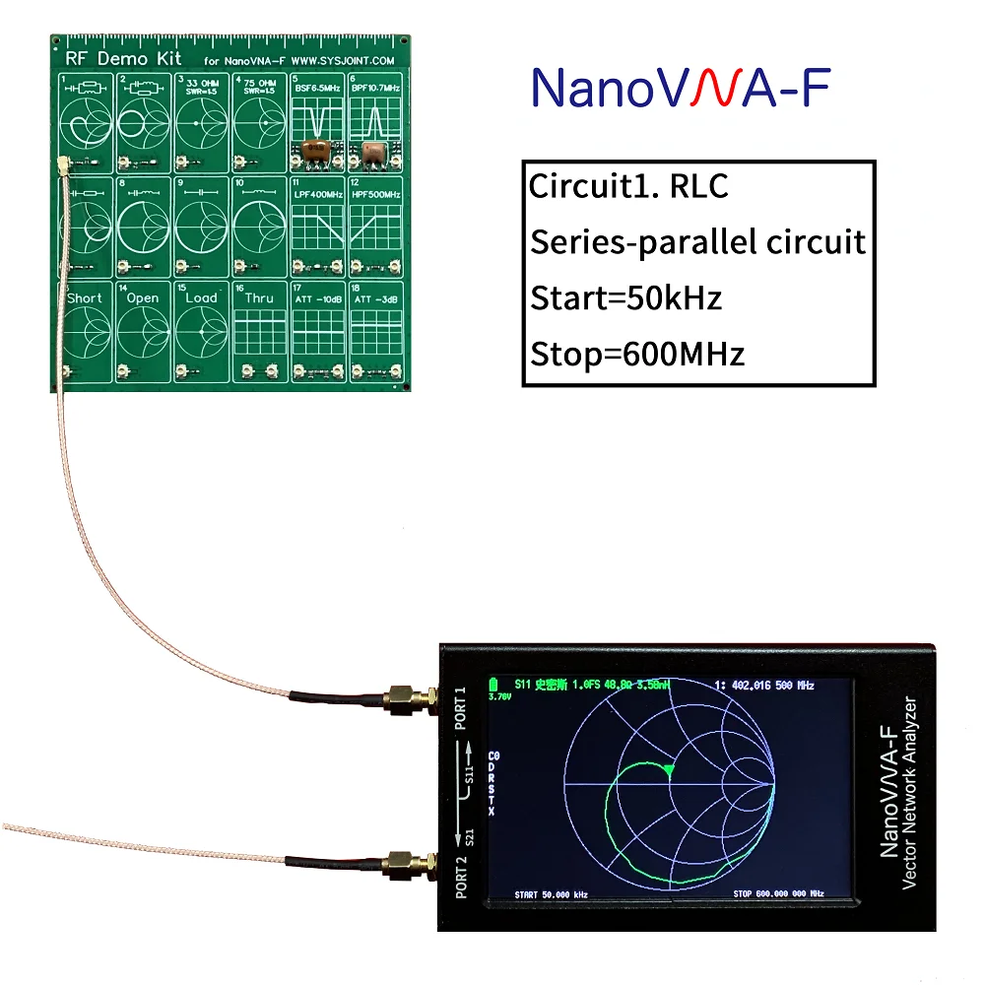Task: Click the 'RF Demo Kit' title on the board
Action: tap(108, 59)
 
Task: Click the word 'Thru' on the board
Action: tap(259, 298)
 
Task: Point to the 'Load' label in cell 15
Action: tap(201, 298)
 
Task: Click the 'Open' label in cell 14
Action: tap(143, 298)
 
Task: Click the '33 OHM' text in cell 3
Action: tap(204, 84)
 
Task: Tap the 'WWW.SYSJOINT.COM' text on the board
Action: tap(344, 61)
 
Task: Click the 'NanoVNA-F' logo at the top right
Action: tap(680, 88)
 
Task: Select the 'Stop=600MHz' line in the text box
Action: tap(637, 353)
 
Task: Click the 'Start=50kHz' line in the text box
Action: tap(625, 297)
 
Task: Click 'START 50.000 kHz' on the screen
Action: tap(551, 893)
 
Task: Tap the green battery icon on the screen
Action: tap(493, 684)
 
